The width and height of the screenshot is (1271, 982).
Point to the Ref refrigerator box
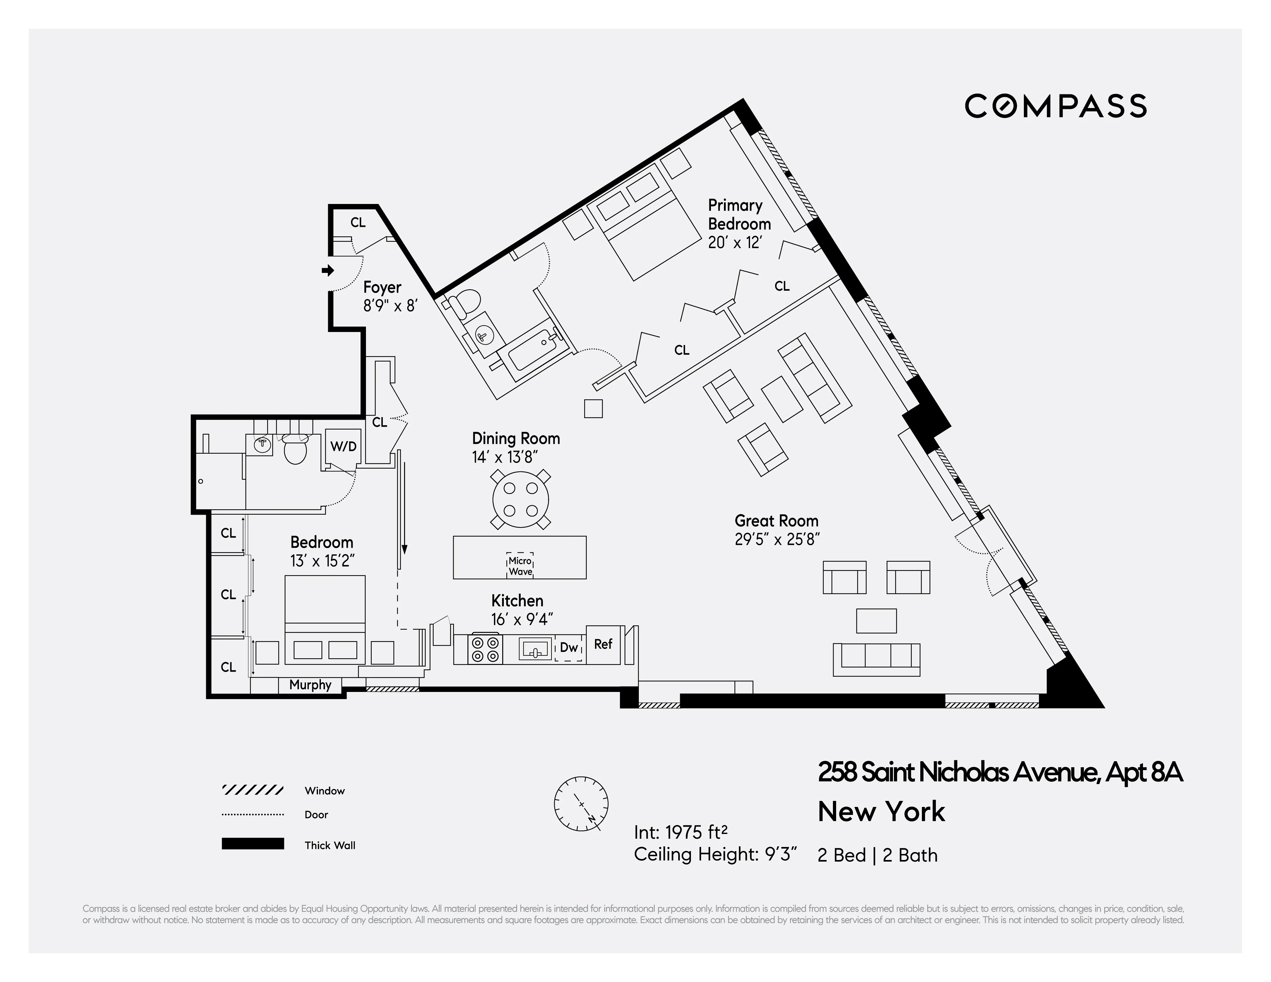tap(603, 644)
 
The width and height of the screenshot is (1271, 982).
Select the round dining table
tap(520, 499)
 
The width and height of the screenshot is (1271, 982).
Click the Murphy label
tap(310, 685)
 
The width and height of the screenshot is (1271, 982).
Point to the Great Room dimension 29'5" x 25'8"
tap(777, 539)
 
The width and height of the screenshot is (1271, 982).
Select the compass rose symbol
tap(581, 804)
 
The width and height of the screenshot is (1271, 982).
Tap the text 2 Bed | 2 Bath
tap(877, 855)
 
